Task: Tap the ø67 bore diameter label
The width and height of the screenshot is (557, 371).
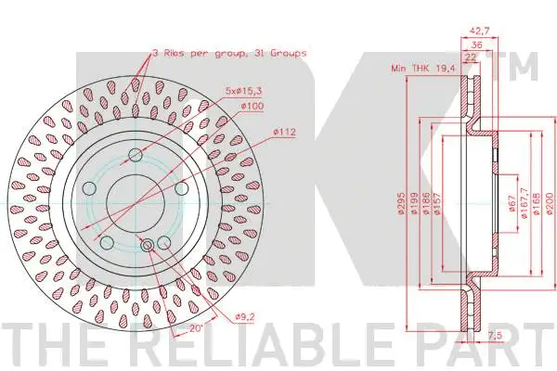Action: click(512, 206)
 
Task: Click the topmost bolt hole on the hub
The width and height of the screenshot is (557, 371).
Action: click(136, 154)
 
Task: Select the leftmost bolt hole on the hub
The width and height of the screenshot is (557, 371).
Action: click(89, 188)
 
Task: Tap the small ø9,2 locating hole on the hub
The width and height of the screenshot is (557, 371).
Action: click(148, 244)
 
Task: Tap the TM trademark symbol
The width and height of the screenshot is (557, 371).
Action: click(525, 64)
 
